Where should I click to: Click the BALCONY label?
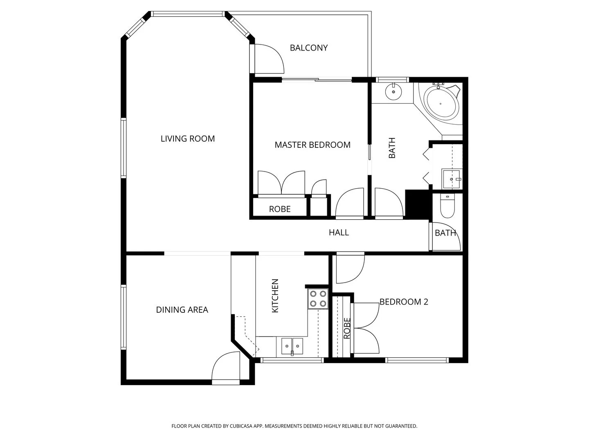click(309, 48)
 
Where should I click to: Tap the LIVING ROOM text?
click(188, 139)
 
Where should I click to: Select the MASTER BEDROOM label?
click(312, 145)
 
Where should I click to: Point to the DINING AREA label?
click(182, 310)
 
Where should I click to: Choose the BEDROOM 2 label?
click(404, 302)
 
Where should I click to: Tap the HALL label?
click(339, 233)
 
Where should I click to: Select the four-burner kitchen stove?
click(318, 298)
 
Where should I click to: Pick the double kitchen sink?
click(292, 346)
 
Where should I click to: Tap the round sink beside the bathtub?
click(393, 91)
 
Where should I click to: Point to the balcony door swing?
click(268, 59)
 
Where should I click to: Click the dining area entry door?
click(226, 370)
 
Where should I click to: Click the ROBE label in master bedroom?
click(280, 209)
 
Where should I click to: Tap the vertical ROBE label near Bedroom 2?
click(347, 328)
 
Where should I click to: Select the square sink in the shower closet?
click(452, 179)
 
